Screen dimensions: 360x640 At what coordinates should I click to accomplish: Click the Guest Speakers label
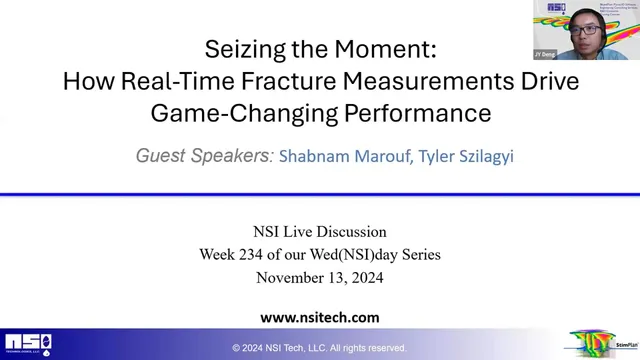tap(204, 156)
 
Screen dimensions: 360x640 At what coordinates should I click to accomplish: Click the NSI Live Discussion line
tap(320, 232)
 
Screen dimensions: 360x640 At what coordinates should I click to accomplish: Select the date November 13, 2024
tap(320, 278)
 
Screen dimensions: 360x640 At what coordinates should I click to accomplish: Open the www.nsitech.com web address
tap(320, 317)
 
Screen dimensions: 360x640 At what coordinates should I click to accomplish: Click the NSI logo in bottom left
tap(27, 344)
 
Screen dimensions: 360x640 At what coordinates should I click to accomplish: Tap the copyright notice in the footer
tap(320, 348)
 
